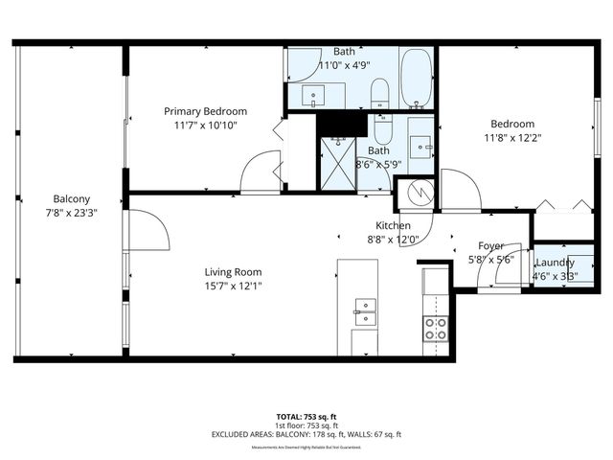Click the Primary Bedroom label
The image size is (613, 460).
[x=204, y=111]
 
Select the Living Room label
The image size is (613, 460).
[x=233, y=272]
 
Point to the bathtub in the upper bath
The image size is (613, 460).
[x=416, y=80]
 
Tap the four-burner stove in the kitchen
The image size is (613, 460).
[x=435, y=329]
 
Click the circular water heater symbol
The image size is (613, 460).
[x=420, y=193]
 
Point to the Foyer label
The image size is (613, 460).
[x=491, y=245]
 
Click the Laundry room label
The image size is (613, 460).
[x=555, y=263]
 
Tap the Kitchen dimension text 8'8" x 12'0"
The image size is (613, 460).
[x=393, y=240]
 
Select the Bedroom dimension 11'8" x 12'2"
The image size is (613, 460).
[x=512, y=137]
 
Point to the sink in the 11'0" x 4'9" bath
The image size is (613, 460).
[x=314, y=96]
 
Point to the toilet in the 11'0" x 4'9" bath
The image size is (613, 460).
[x=378, y=93]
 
